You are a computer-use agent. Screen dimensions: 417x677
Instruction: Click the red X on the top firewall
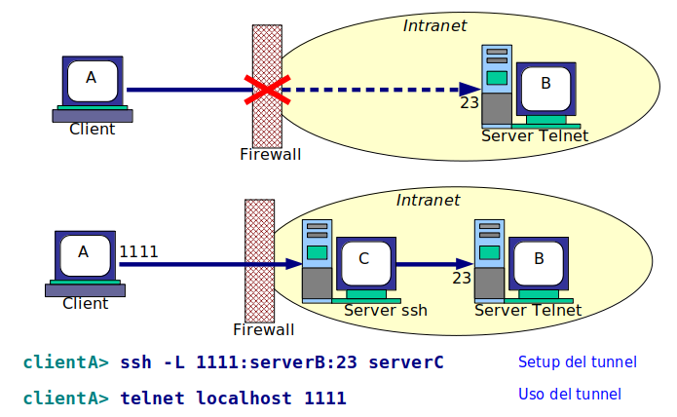[267, 90]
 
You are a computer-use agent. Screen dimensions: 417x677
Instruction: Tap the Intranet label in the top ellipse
[434, 25]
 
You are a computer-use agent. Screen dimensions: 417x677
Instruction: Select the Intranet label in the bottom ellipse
[428, 200]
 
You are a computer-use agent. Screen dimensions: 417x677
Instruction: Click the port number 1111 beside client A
[138, 251]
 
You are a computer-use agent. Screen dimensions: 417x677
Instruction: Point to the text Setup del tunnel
[577, 362]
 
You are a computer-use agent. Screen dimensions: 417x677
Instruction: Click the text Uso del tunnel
[569, 395]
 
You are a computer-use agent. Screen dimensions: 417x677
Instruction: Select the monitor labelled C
[364, 260]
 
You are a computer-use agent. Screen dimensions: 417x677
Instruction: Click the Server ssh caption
[386, 311]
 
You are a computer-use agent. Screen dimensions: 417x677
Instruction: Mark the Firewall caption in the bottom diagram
[263, 329]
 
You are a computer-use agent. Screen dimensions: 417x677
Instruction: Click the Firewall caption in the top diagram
[271, 154]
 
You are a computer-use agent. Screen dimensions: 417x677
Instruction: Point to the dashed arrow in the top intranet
[380, 90]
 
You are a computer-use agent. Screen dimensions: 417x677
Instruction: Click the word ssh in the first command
[135, 363]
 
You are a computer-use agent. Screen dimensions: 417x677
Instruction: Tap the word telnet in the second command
[154, 398]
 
